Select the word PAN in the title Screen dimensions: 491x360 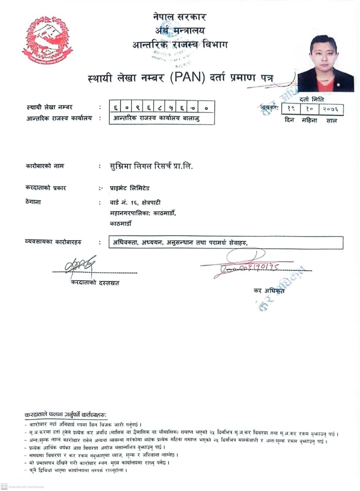(x=187, y=77)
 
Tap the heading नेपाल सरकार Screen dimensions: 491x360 (x=180, y=17)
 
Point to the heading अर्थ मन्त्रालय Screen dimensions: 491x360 (x=180, y=30)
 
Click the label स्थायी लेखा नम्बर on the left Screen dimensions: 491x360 (x=49, y=107)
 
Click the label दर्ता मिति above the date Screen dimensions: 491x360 (x=312, y=99)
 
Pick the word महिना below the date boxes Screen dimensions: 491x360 (x=309, y=120)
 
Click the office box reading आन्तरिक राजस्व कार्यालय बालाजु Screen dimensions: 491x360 (x=161, y=118)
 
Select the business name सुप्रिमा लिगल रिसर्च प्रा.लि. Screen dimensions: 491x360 (x=151, y=166)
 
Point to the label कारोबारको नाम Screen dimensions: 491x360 (x=45, y=166)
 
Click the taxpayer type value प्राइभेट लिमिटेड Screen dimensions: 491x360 (x=130, y=188)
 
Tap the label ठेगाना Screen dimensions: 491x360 (x=33, y=202)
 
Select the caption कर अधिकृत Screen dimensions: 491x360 (x=269, y=290)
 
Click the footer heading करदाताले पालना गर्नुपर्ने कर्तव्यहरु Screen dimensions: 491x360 (x=66, y=415)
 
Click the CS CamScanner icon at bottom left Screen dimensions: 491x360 (x=4, y=486)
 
